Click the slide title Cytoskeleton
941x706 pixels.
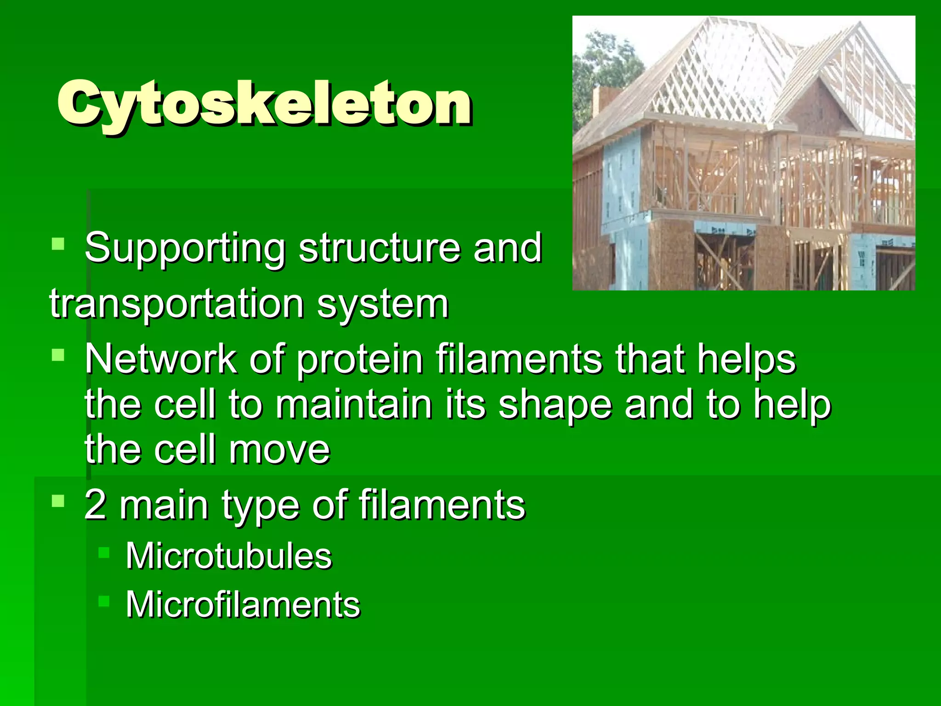coord(264,103)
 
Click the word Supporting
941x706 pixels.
coord(185,249)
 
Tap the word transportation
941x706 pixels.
coord(176,304)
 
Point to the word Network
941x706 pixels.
coord(160,359)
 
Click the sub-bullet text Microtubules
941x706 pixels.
coord(228,556)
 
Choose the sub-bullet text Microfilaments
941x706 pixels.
coord(243,604)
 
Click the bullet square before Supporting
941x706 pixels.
coord(58,243)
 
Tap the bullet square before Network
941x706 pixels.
coord(58,354)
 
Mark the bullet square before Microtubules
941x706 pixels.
coord(104,552)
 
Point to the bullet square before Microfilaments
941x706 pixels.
coord(104,600)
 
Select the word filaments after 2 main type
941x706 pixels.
coord(442,505)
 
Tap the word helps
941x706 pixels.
coord(746,360)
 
